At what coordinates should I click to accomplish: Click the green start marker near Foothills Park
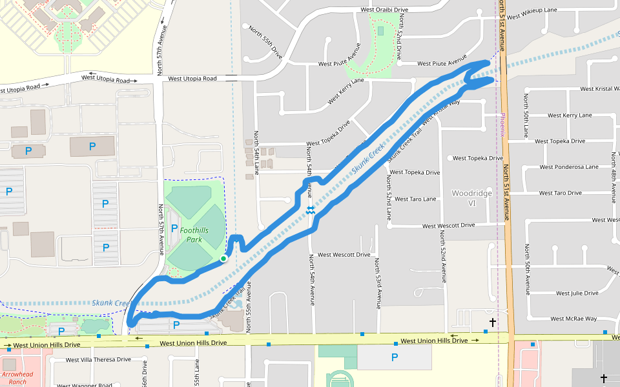(223, 259)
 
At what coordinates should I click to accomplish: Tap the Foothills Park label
(194, 235)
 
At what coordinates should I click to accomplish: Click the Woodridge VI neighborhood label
(471, 198)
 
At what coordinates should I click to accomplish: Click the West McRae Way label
(573, 319)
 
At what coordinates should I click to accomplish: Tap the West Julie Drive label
(577, 293)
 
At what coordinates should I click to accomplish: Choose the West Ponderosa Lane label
(569, 167)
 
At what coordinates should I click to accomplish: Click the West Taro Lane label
(415, 199)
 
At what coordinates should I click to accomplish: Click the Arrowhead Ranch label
(17, 377)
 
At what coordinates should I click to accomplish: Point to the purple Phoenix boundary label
(502, 125)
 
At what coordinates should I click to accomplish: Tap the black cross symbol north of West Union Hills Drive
(492, 321)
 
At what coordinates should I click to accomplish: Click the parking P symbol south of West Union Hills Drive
(395, 357)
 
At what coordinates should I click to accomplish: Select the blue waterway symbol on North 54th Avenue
(311, 210)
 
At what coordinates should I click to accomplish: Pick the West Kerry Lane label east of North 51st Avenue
(569, 115)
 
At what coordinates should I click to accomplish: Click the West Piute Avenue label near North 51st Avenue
(442, 63)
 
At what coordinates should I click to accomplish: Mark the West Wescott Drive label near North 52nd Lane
(448, 226)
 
